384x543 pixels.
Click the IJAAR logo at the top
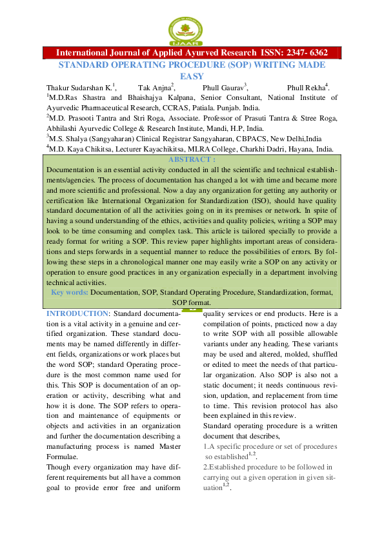pos(192,30)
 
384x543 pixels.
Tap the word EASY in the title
pos(192,76)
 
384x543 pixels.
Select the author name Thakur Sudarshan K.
pos(79,87)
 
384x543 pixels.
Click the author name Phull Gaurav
pos(224,87)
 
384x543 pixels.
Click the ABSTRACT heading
pos(191,159)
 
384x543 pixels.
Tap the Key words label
pos(70,292)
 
